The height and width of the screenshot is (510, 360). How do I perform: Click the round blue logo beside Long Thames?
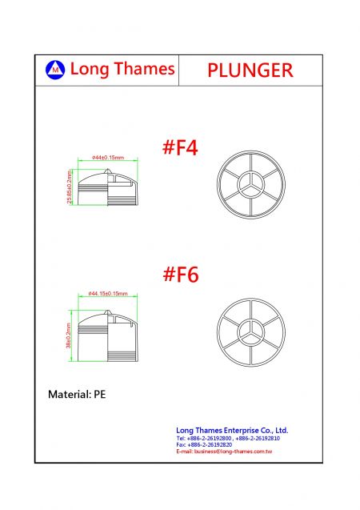tap(56, 70)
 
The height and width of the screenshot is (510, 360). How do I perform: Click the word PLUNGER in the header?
tap(250, 70)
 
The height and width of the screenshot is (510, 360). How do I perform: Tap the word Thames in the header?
tap(144, 69)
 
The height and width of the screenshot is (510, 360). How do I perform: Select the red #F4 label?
tap(180, 148)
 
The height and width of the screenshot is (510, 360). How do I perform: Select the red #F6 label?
tap(180, 275)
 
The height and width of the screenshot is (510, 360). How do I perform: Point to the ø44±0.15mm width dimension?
tap(108, 158)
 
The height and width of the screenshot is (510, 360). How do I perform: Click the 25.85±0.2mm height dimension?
tap(70, 187)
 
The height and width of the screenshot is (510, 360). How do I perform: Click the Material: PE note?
tap(77, 395)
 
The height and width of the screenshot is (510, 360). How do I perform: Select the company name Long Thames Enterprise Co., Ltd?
tap(232, 430)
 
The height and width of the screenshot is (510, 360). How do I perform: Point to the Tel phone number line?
tap(228, 439)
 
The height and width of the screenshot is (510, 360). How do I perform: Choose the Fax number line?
tap(205, 445)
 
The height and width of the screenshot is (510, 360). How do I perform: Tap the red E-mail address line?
tap(225, 452)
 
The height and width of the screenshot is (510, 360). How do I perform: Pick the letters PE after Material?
tap(99, 395)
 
